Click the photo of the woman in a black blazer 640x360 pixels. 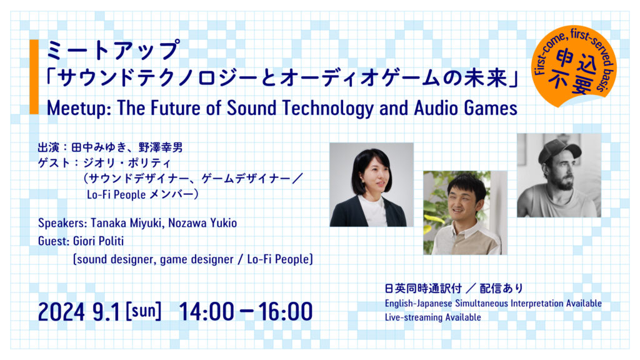[x=371, y=184]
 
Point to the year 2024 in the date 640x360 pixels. [x=61, y=311]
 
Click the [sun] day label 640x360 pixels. [x=143, y=311]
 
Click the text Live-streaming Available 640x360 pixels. [x=432, y=317]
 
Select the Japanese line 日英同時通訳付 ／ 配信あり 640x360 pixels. [x=453, y=289]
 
